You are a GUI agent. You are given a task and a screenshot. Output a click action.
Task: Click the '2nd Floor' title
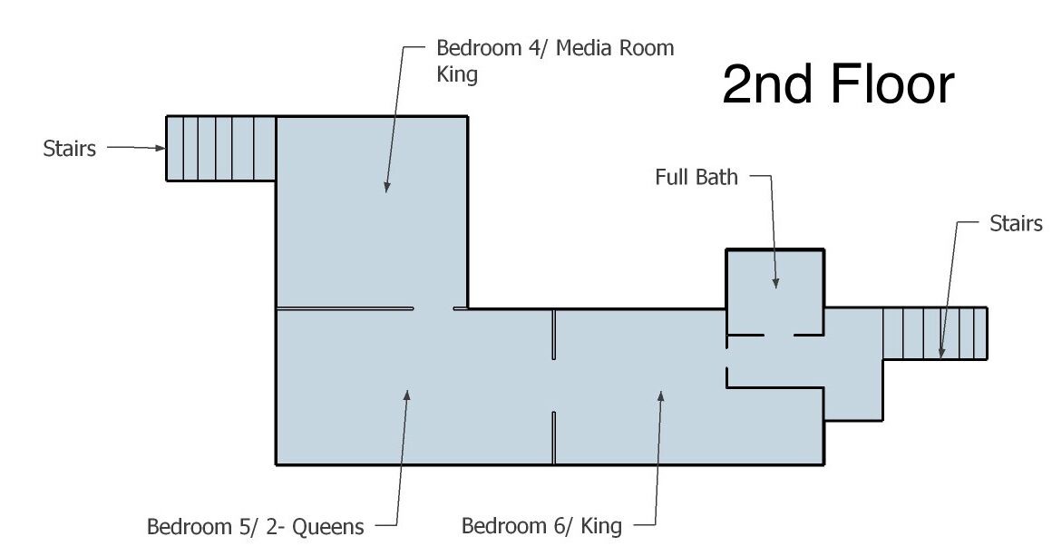[838, 83]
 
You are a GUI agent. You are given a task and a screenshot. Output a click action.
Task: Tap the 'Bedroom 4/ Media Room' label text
[555, 48]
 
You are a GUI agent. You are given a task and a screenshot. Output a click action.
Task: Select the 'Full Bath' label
[696, 177]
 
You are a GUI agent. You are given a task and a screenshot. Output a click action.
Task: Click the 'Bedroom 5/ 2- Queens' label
[255, 526]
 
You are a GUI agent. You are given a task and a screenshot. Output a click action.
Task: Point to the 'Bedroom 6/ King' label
[541, 525]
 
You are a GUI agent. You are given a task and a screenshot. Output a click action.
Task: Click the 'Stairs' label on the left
[69, 148]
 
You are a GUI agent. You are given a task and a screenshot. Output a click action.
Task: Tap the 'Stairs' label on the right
[1016, 223]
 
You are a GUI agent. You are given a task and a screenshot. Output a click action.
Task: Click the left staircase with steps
[220, 148]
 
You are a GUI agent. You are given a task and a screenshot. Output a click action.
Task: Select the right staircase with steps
[935, 334]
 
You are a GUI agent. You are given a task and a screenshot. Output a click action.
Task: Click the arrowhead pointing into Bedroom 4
[386, 187]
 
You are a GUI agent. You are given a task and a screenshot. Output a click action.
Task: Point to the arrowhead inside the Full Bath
[775, 282]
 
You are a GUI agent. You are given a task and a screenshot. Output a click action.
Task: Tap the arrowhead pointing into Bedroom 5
[406, 395]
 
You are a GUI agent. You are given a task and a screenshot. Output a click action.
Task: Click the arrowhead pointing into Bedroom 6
[661, 396]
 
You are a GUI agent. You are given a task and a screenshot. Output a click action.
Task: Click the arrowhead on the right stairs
[941, 351]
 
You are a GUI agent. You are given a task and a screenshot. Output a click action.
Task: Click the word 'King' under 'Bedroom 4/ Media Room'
[457, 73]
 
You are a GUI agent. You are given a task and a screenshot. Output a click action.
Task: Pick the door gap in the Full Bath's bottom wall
[779, 335]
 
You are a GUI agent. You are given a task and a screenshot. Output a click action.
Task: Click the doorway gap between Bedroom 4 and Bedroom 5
[433, 308]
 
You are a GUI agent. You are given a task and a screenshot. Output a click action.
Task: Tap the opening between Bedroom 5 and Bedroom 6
[553, 385]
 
